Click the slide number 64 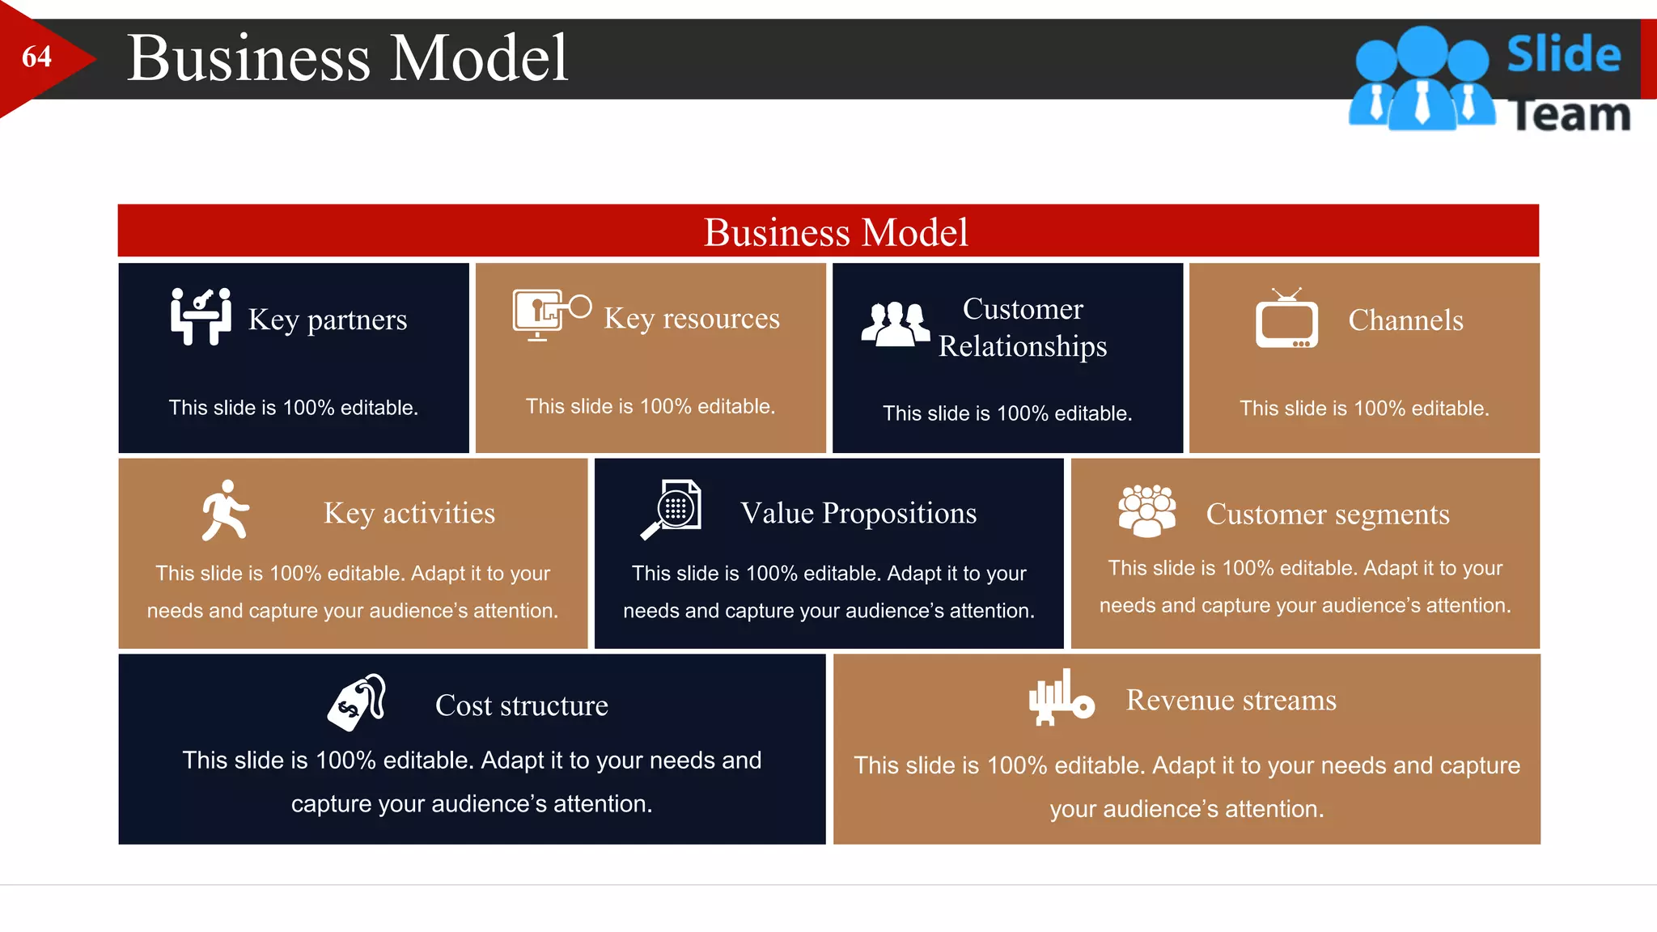pos(36,57)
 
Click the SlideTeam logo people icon pos(1422,79)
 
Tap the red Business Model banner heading pos(835,232)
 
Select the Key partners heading pos(327,320)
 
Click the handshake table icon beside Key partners pos(201,316)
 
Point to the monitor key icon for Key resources pos(551,315)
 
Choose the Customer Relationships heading pos(1023,327)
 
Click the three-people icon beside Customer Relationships pos(895,324)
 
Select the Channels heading pos(1405,320)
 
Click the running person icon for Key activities pos(225,510)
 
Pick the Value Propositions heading pos(858,513)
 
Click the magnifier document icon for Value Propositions pos(672,509)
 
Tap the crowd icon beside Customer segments pos(1146,510)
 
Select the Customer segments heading pos(1327,515)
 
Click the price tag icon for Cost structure pos(357,702)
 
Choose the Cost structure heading pos(521,705)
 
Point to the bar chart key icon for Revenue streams pos(1061,697)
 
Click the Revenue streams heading pos(1231,700)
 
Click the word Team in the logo pos(1570,115)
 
